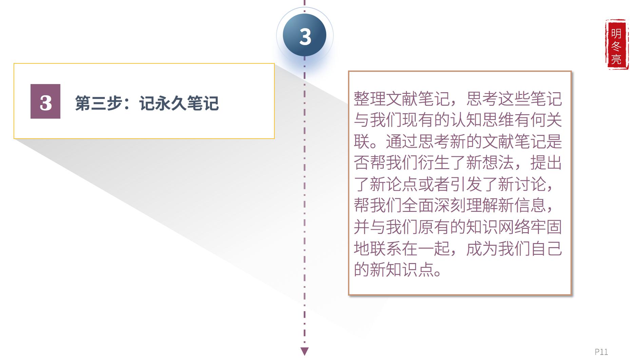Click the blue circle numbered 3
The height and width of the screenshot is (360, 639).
(305, 36)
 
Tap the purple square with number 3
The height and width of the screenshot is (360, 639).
(45, 101)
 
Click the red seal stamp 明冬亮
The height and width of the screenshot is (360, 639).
(616, 44)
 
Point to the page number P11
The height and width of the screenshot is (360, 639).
(601, 352)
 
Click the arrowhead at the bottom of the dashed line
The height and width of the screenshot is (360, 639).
(305, 351)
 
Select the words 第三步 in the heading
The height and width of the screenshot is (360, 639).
(98, 103)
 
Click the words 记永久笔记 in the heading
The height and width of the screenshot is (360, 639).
(179, 103)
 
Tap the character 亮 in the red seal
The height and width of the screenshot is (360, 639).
(616, 59)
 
